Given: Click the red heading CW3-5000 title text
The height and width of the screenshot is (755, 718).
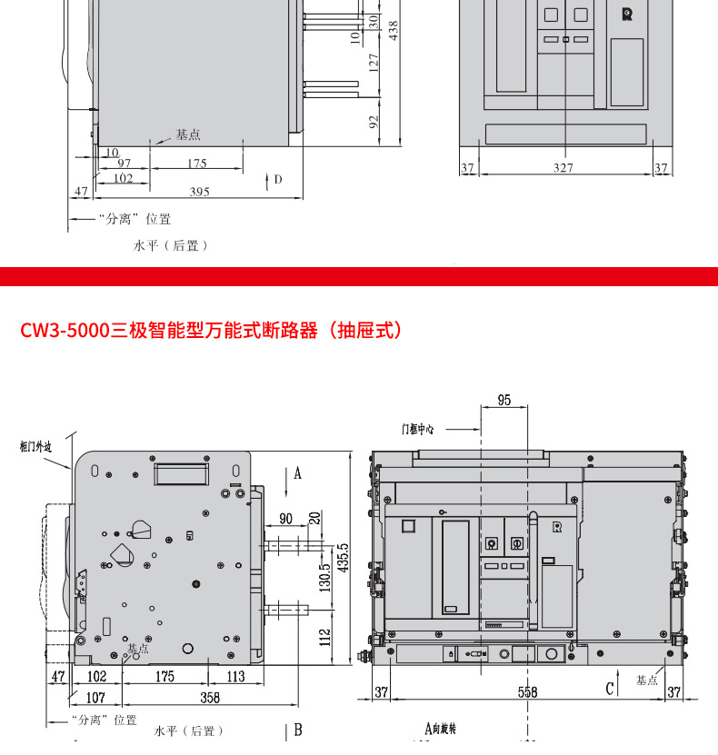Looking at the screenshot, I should (210, 329).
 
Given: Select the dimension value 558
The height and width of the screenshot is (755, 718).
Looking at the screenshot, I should (527, 692).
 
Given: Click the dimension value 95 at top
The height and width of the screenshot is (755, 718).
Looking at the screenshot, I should (504, 400).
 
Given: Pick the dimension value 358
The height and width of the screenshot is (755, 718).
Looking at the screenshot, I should (210, 698).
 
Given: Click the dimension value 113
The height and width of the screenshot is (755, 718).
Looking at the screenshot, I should (235, 676).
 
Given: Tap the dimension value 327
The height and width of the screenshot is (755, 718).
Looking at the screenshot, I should (564, 168).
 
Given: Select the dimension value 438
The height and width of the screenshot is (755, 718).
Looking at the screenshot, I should (394, 30).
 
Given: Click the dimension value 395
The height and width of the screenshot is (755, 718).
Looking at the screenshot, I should (200, 192).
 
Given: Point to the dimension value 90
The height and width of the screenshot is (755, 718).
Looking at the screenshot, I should (285, 519).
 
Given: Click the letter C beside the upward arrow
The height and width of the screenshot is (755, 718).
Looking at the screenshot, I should (610, 688).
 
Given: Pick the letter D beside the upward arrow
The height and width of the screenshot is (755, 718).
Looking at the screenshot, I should (278, 179).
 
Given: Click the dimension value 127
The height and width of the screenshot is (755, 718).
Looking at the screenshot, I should (374, 63).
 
